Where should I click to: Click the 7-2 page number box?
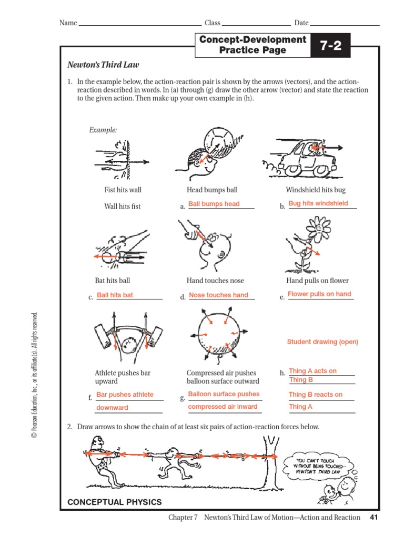pyautogui.click(x=330, y=46)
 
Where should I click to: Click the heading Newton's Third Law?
pyautogui.click(x=103, y=65)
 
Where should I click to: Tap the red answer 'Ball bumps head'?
pyautogui.click(x=214, y=204)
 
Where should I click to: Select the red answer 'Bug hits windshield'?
pyautogui.click(x=318, y=203)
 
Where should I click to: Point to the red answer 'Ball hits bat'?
pyautogui.click(x=115, y=295)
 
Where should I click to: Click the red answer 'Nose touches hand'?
pyautogui.click(x=218, y=295)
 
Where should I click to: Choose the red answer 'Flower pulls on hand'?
pyautogui.click(x=319, y=294)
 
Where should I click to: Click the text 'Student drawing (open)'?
pyautogui.click(x=322, y=342)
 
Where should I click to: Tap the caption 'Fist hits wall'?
pyautogui.click(x=123, y=190)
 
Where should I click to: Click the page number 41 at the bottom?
pyautogui.click(x=374, y=518)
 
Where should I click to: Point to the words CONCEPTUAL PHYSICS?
pyautogui.click(x=115, y=502)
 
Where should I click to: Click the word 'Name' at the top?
pyautogui.click(x=68, y=23)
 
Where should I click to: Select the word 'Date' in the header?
pyautogui.click(x=301, y=23)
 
